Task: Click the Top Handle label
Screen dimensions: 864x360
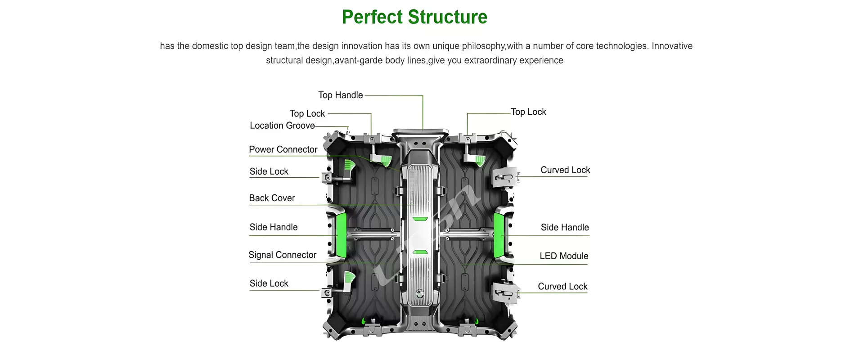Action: coord(340,95)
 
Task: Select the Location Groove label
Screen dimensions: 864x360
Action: coord(282,126)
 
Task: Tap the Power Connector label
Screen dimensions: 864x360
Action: coord(283,149)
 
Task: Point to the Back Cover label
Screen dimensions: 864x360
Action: coord(272,198)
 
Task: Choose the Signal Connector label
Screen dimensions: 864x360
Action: coord(282,255)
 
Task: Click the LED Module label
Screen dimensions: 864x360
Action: coord(564,256)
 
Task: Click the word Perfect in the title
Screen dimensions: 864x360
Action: coord(372,17)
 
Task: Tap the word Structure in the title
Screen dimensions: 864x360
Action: coord(448,17)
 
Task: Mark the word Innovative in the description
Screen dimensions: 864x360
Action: coord(672,46)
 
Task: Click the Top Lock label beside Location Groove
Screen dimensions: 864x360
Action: coord(307,113)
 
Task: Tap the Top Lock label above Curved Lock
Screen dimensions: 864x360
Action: coord(528,112)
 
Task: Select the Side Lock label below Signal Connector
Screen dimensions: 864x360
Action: coord(269,283)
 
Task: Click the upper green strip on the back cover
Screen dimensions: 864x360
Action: coord(420,219)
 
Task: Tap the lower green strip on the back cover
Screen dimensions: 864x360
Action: coord(420,252)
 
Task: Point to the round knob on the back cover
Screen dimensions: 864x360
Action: coord(420,294)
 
